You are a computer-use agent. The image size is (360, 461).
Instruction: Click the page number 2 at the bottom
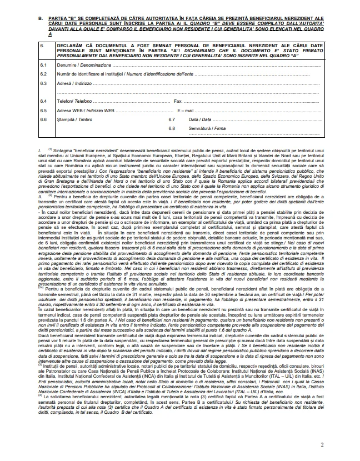point(322,445)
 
